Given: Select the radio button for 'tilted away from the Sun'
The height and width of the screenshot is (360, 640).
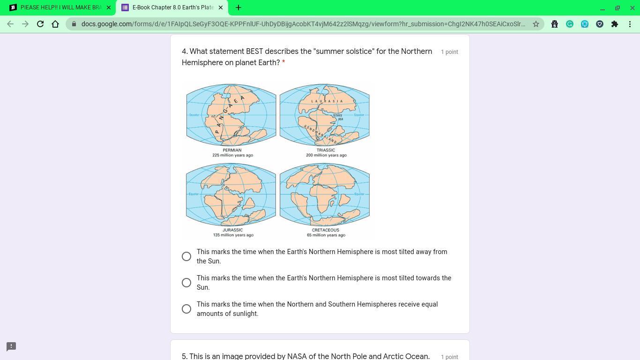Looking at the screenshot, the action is [186, 256].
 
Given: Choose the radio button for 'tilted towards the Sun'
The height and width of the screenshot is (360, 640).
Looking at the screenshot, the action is [186, 283].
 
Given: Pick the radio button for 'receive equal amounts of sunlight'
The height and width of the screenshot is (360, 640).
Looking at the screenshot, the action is [186, 309].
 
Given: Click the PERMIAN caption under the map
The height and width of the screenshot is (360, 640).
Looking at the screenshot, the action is [232, 150].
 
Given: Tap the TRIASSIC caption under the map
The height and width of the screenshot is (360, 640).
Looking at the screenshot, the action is [326, 150].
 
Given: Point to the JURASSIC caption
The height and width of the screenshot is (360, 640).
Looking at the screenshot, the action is [232, 230].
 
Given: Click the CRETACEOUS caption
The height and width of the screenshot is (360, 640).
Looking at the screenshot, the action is [326, 230].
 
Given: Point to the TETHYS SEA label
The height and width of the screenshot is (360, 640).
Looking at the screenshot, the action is [338, 117].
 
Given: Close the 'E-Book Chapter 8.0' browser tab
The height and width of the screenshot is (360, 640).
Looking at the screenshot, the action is [221, 7].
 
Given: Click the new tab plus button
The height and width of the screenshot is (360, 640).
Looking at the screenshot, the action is [238, 7].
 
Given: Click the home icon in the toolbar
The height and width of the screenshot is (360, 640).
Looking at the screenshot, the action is [55, 24].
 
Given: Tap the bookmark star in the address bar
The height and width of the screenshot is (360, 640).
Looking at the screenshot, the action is [536, 24].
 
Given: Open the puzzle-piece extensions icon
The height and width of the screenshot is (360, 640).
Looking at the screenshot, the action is [615, 24].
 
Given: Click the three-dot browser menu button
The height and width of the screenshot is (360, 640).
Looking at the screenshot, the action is [630, 24].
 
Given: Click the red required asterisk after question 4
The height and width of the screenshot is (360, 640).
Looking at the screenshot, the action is [283, 61].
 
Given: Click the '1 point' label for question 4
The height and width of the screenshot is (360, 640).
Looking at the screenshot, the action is [449, 52].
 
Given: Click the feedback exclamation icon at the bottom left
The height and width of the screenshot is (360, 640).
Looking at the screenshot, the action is [11, 346].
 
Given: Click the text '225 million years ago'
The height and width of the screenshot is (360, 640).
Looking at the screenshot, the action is [232, 155].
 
